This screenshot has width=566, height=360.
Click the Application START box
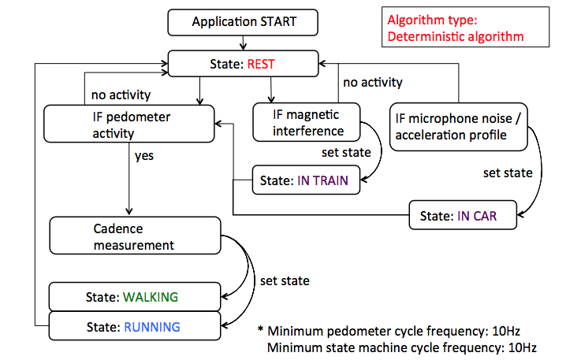tap(244, 22)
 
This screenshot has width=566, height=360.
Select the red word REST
tap(260, 65)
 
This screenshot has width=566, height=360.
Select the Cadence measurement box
tap(134, 236)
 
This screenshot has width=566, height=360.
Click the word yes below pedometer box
tap(144, 155)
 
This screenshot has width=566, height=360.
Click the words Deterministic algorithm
tap(455, 36)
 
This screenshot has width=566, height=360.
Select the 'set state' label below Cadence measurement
tap(285, 280)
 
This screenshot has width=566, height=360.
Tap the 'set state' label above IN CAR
tap(508, 173)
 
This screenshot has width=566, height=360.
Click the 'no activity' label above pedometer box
tap(121, 95)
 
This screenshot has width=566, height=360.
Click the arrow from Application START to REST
tap(244, 43)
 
